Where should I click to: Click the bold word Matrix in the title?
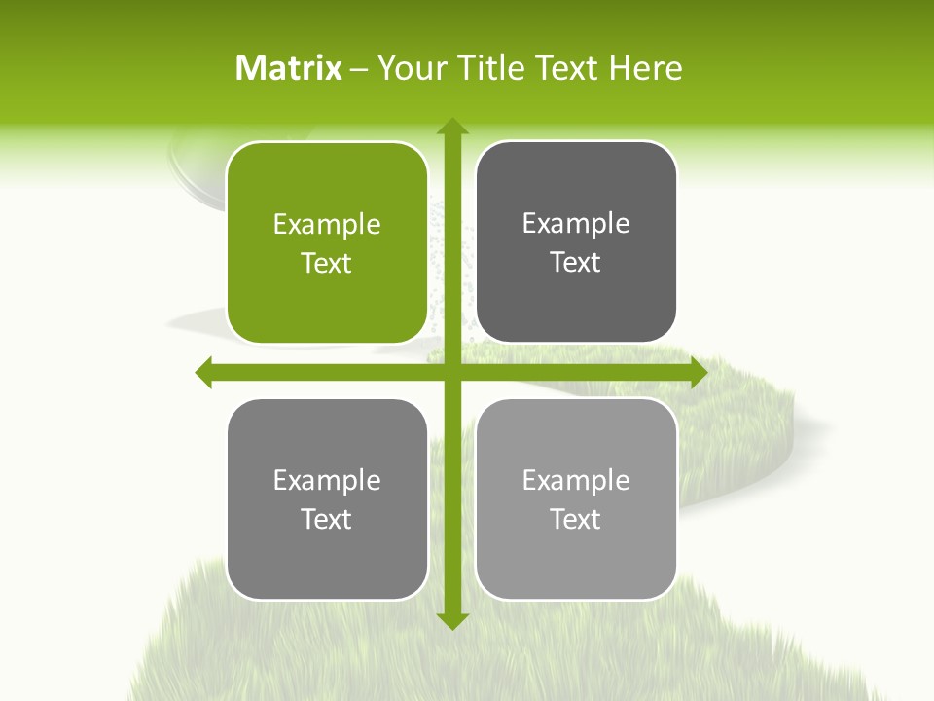tap(289, 68)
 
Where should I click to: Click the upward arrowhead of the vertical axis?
tap(451, 127)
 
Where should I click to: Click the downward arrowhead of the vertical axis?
tap(451, 620)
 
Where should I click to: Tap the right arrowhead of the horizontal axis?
tap(698, 372)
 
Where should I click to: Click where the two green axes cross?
tap(451, 372)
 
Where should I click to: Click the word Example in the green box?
tap(327, 225)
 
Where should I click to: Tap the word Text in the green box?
tap(327, 264)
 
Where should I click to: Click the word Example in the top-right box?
tap(576, 224)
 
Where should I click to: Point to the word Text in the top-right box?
tap(576, 263)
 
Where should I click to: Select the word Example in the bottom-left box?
tap(327, 480)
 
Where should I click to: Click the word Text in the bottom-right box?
tap(576, 519)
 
